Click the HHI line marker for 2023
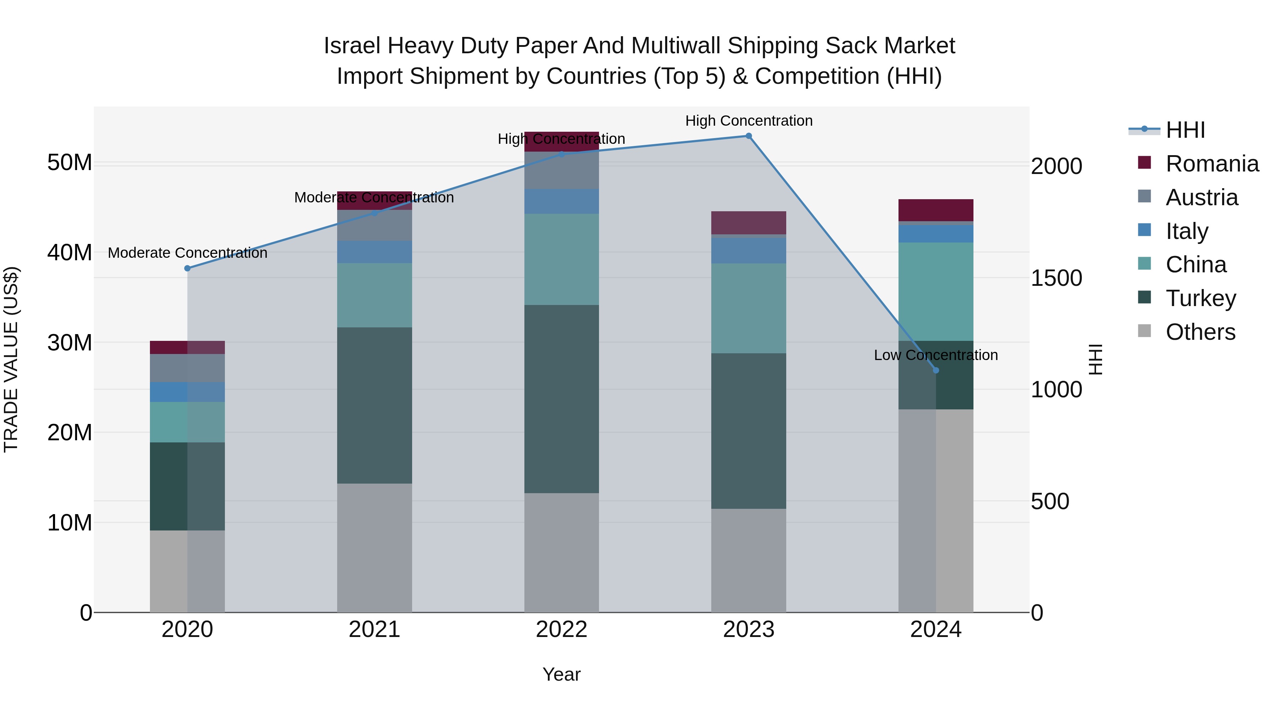click(749, 136)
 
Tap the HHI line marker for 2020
click(187, 268)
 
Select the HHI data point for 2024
click(936, 370)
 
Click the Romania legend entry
click(1211, 164)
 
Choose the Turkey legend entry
click(1200, 298)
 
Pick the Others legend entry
click(1200, 332)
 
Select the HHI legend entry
click(1184, 130)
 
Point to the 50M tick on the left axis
click(70, 162)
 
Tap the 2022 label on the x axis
click(562, 630)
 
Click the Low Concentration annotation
click(935, 355)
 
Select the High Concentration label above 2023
click(749, 121)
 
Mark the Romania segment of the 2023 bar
click(749, 222)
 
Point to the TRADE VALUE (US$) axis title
click(11, 359)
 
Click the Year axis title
click(562, 674)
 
